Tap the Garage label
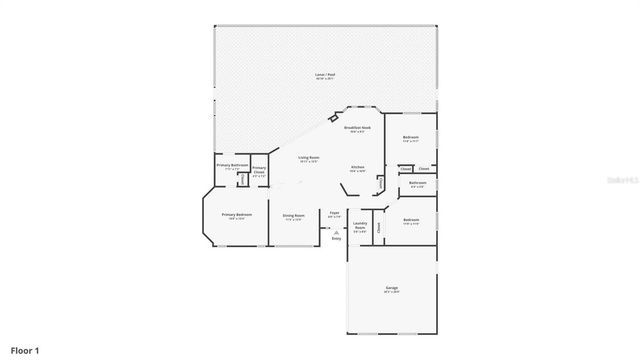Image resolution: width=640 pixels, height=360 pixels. (391, 288)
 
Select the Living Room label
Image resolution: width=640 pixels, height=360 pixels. (308, 157)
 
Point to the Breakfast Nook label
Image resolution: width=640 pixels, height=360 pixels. (357, 128)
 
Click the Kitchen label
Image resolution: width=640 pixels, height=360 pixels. (357, 167)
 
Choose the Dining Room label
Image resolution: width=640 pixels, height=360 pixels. (293, 215)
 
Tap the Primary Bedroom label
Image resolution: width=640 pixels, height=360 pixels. (237, 215)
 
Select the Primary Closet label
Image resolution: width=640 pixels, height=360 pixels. (259, 170)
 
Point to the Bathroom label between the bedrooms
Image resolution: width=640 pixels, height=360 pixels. (418, 183)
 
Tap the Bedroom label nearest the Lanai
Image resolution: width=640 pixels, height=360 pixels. (410, 137)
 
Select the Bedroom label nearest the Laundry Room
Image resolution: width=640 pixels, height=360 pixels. (411, 220)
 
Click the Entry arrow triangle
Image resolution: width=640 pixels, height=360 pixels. (336, 232)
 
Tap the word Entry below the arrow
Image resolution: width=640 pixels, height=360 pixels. (336, 239)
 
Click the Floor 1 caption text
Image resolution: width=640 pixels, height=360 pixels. (25, 350)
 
